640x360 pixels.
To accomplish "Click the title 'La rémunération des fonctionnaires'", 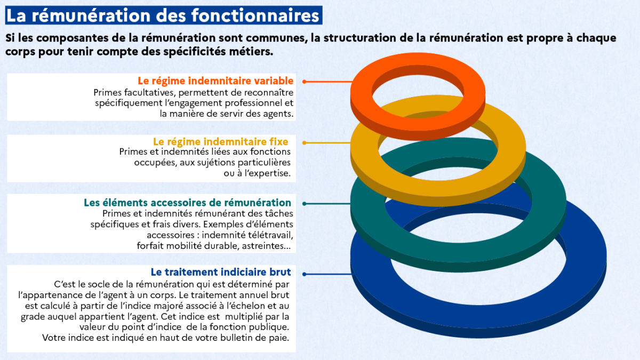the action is click(x=163, y=15).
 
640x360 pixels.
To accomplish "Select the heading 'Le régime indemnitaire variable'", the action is click(x=215, y=81).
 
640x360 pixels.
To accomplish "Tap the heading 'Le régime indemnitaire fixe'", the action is click(x=221, y=142).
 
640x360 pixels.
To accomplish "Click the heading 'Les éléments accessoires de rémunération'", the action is click(x=187, y=203).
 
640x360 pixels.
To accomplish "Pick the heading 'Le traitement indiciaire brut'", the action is click(x=221, y=272).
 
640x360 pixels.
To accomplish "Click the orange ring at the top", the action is click(x=361, y=94).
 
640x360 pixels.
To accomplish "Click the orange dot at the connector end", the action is click(x=305, y=82).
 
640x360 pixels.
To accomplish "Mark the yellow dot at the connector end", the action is click(x=305, y=143).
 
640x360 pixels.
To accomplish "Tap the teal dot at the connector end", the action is click(x=305, y=204).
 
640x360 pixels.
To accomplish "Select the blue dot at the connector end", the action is click(x=305, y=274).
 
